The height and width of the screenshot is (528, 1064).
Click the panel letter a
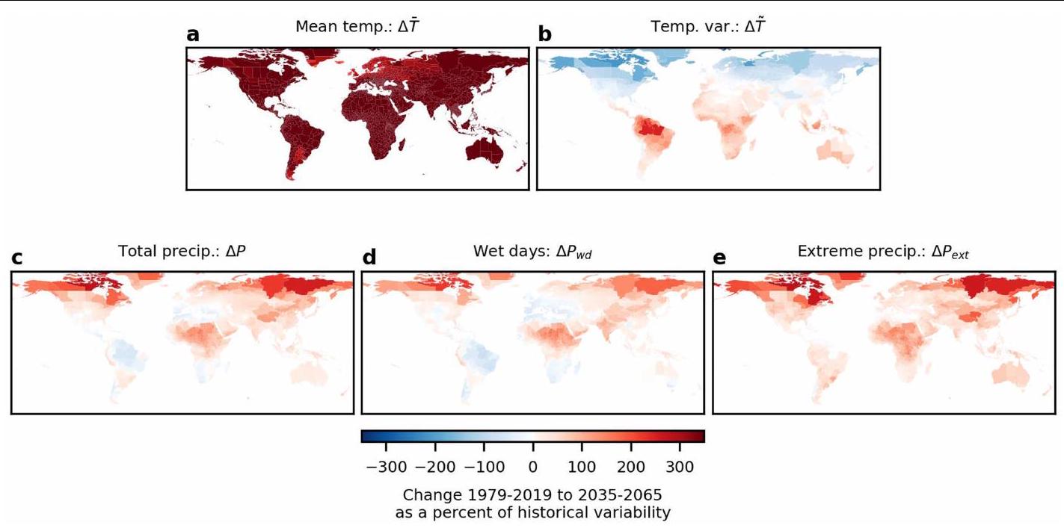(193, 35)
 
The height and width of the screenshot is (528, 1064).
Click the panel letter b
(544, 35)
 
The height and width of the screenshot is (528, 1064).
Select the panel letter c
(17, 258)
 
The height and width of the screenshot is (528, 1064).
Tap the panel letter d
(369, 258)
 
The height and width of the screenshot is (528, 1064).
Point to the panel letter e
(719, 258)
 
